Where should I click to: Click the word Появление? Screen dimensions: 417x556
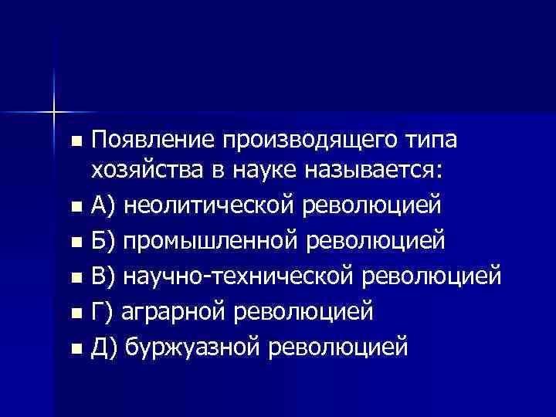click(154, 142)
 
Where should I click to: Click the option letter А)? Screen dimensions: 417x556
click(104, 207)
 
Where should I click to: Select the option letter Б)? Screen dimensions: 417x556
click(104, 239)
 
